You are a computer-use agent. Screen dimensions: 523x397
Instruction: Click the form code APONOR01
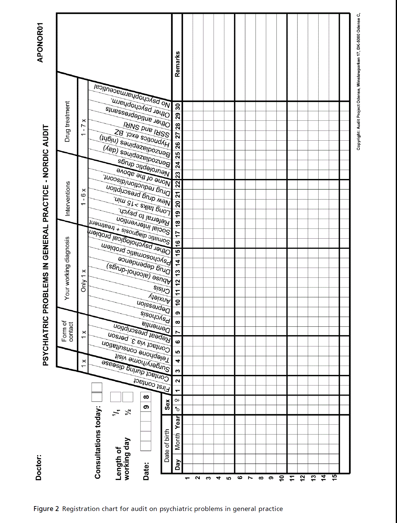click(x=40, y=42)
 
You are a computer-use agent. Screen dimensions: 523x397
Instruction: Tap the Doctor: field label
click(x=39, y=467)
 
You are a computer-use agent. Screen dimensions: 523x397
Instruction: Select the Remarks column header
click(x=177, y=64)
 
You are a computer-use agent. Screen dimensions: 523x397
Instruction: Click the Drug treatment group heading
click(x=67, y=122)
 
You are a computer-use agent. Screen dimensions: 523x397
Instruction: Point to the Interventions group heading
click(x=68, y=198)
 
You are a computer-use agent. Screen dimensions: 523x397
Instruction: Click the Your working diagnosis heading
click(x=67, y=268)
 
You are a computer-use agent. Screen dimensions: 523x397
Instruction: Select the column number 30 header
click(x=178, y=107)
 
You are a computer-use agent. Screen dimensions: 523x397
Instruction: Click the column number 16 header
click(x=178, y=243)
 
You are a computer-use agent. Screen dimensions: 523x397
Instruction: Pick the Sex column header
click(x=167, y=404)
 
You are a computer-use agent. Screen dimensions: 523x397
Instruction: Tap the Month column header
click(x=178, y=442)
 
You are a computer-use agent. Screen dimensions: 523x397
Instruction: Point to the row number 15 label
click(x=335, y=477)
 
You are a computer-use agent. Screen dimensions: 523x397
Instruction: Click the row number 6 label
click(x=240, y=478)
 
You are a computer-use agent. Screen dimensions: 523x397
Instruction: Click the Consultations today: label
click(x=98, y=442)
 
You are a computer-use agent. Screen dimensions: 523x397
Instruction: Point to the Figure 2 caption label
click(x=46, y=509)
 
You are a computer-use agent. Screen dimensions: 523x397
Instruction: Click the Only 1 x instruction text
click(x=83, y=281)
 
